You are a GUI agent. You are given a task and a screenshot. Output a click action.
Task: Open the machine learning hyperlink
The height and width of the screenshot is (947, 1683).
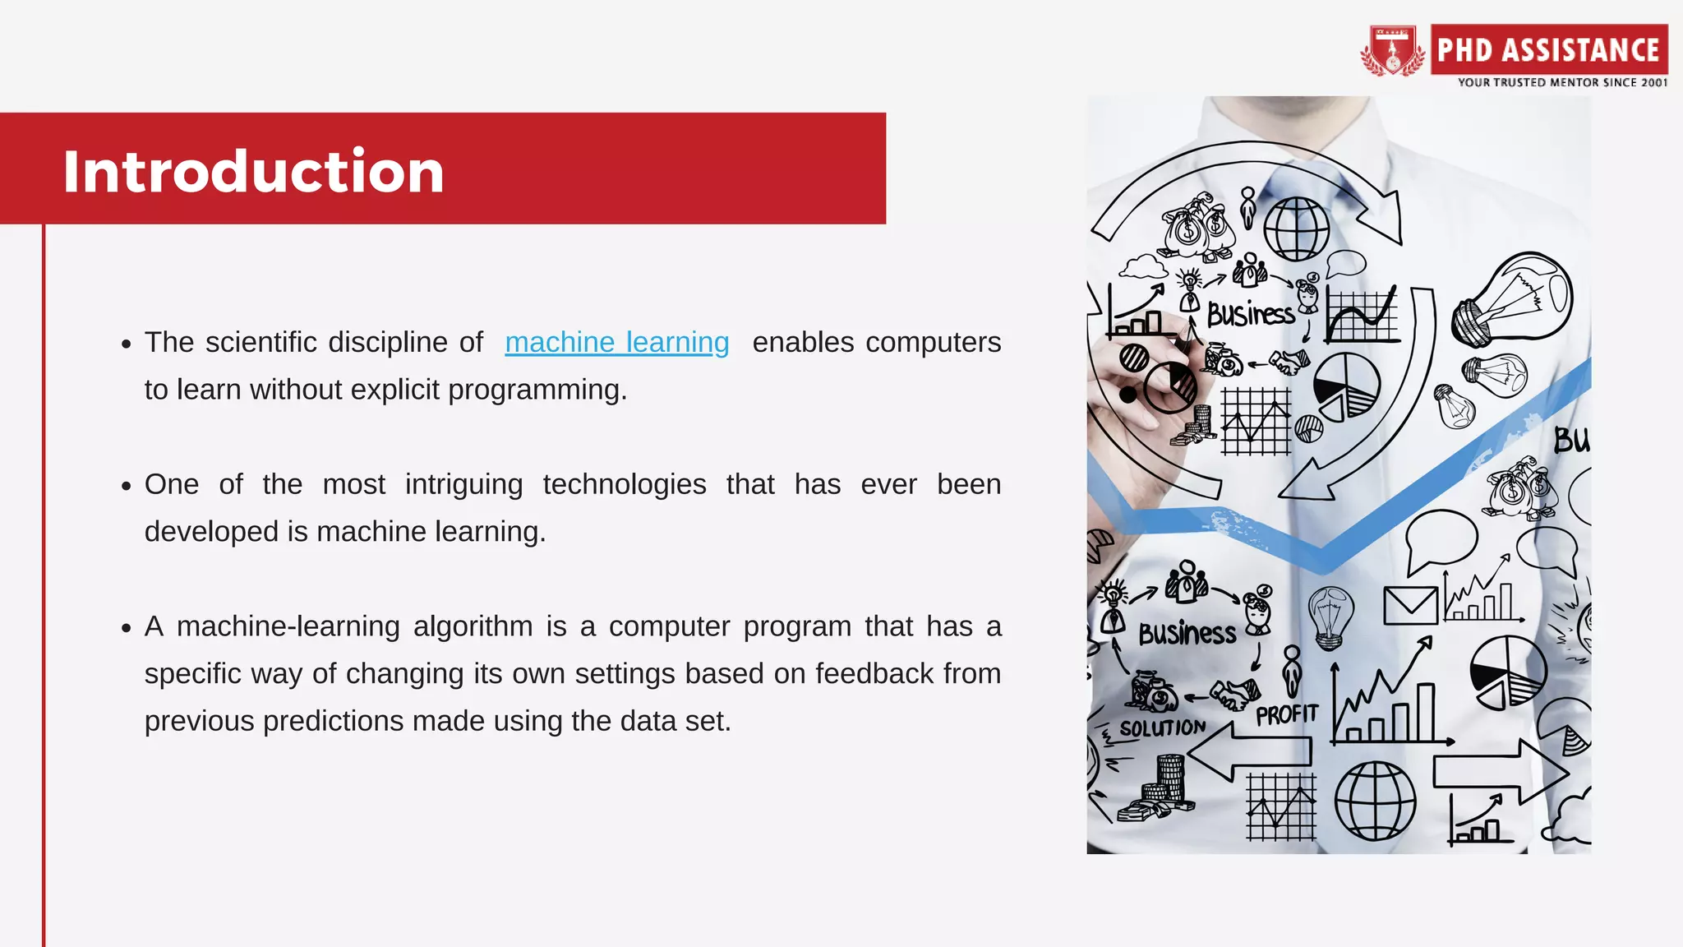tap(616, 342)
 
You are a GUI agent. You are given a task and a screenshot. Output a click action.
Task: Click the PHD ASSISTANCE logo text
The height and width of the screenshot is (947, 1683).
tap(1548, 50)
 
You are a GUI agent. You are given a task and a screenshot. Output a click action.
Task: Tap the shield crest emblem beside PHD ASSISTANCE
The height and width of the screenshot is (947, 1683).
tap(1392, 51)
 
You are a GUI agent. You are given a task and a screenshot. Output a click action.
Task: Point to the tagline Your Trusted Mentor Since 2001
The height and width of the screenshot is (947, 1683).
tap(1562, 82)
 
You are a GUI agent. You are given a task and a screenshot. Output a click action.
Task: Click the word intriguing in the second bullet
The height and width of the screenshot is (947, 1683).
tap(463, 485)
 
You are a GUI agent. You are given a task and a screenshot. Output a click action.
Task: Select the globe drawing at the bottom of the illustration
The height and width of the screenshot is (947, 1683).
tap(1375, 801)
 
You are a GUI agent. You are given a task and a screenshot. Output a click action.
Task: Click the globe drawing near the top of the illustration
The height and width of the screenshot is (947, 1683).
tap(1296, 229)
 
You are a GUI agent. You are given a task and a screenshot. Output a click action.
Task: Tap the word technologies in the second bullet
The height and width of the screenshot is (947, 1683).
tap(624, 485)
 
